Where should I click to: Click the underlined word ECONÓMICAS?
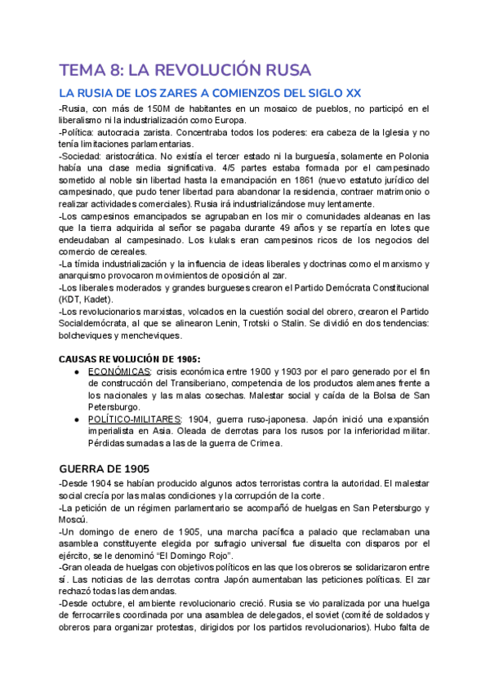[x=119, y=371]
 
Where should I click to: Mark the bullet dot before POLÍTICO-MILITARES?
[x=76, y=419]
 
